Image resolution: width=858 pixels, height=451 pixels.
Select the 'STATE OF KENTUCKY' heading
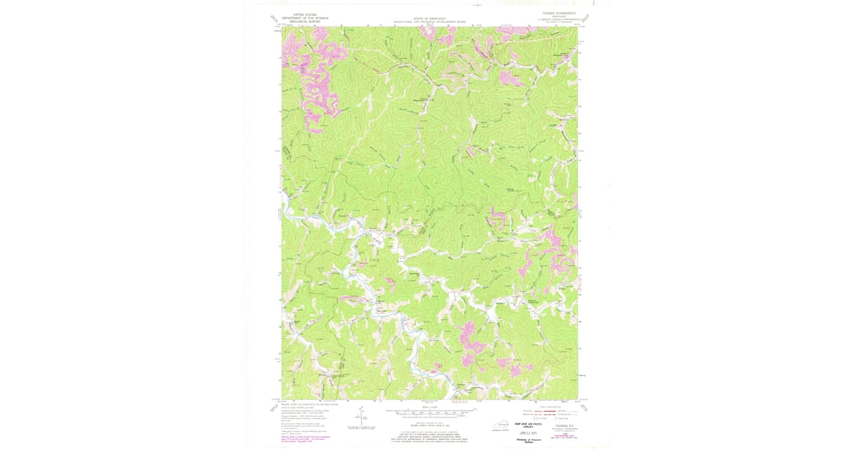(429, 19)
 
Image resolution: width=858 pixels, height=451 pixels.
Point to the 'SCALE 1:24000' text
(429, 407)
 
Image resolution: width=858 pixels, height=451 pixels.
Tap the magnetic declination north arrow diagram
(361, 417)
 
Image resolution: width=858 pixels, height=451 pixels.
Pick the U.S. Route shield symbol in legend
(536, 418)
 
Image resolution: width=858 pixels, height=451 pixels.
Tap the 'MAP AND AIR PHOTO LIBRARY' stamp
(528, 425)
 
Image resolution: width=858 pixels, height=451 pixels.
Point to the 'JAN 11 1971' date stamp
(528, 433)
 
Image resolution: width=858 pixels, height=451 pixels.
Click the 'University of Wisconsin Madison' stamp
(528, 441)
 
